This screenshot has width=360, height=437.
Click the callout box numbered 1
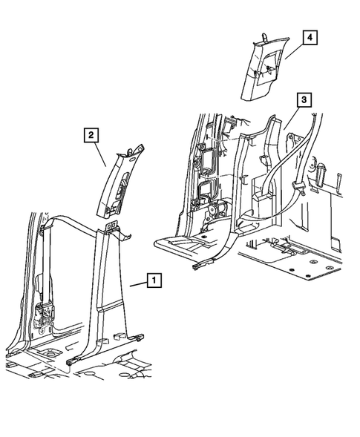point(154,280)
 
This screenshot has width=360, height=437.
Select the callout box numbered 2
point(91,134)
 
